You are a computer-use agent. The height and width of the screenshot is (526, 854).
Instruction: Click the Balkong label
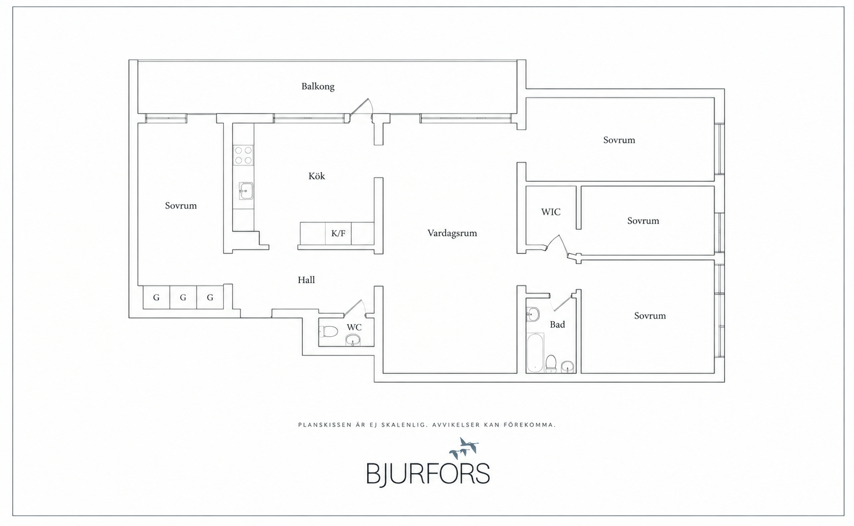318,87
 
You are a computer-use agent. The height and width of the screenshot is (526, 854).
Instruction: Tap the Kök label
316,176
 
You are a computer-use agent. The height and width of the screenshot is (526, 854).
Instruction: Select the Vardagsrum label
452,233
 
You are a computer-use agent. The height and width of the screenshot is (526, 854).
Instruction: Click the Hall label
306,280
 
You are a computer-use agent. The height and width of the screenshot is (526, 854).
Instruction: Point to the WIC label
551,212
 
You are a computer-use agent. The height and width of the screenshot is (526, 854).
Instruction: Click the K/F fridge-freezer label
338,234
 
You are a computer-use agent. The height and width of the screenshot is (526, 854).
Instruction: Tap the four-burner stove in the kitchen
243,155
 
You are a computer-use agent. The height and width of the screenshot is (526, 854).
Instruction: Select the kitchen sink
246,191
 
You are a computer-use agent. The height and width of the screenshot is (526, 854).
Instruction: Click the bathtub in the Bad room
535,353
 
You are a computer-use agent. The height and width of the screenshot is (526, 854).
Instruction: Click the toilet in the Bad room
551,363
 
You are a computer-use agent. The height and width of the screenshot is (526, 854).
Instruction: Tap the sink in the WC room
353,340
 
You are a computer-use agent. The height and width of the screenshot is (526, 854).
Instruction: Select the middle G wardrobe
183,298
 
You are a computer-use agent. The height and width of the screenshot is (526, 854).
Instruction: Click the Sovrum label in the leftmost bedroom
181,206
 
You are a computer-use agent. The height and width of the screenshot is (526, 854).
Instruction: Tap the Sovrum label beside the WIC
643,221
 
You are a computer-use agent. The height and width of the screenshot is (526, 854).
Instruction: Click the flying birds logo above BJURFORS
464,448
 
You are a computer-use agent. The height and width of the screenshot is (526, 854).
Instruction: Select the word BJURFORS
428,474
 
